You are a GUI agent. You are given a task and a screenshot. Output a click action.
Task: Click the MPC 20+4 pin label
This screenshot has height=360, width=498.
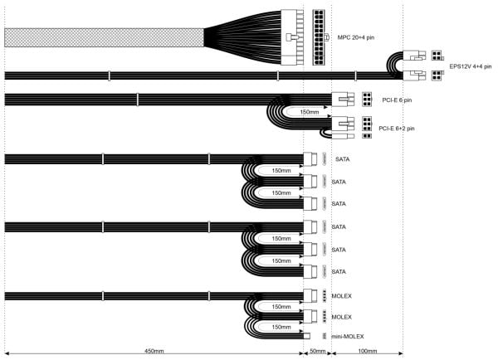point(356,37)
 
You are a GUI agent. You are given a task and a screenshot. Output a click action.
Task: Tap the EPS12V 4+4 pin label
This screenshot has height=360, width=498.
point(471,66)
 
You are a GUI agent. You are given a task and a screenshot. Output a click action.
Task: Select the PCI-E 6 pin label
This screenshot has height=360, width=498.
point(397,100)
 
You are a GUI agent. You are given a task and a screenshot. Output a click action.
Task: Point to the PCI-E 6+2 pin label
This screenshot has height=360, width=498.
point(397,129)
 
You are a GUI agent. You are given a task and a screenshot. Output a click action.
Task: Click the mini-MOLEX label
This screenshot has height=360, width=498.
point(348,336)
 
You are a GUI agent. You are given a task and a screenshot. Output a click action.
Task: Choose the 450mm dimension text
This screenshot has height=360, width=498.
point(154,351)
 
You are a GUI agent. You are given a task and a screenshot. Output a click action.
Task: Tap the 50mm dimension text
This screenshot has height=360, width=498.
point(318,351)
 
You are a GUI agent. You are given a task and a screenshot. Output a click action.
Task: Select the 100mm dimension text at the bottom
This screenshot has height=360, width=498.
point(368,351)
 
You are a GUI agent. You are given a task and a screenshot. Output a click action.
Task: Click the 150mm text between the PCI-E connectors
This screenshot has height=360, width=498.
point(309,112)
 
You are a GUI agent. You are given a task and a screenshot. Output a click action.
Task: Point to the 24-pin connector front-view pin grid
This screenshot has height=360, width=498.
point(319,37)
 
